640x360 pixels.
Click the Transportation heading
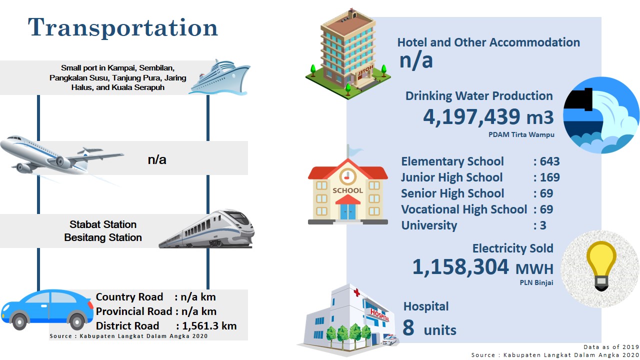tap(123, 28)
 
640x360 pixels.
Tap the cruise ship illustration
tap(219, 77)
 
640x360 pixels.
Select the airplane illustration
tap(61, 155)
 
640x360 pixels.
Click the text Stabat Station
tap(103, 224)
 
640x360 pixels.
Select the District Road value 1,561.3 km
tap(209, 326)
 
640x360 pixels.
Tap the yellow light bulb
tap(601, 266)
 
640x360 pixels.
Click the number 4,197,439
tap(471, 117)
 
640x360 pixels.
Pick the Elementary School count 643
tap(549, 161)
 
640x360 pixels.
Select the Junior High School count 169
tap(550, 177)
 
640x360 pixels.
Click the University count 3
tap(543, 225)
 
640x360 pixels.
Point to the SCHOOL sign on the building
tap(347, 190)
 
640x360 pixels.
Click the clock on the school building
tap(347, 176)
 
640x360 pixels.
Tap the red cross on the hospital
tap(357, 292)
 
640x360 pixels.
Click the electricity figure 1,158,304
tap(460, 267)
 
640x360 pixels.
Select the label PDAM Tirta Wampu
tap(521, 134)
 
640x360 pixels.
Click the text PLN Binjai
tap(536, 282)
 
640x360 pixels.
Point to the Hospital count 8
tap(408, 327)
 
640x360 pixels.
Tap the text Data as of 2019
tap(611, 347)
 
